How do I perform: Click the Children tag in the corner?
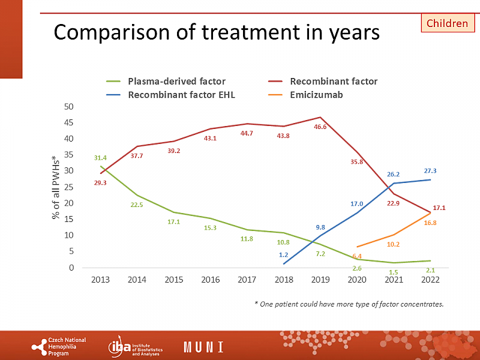(447, 23)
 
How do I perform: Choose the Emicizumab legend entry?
(316, 94)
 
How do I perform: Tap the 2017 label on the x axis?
(247, 280)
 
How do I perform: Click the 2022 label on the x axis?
(430, 280)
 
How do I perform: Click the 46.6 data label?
(320, 127)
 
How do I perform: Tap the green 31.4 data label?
(100, 158)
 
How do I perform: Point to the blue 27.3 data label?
(430, 171)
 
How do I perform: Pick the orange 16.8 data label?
(430, 223)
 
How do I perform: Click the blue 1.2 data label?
(284, 254)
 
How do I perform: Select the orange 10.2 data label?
(394, 244)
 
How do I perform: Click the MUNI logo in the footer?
(203, 347)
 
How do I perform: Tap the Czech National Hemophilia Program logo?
(59, 347)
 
